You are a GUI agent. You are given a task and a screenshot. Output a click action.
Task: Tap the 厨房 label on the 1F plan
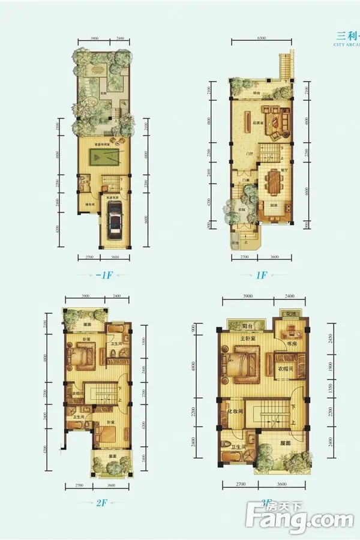tap(273, 205)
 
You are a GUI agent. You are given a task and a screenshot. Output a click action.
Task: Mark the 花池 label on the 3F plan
tap(291, 314)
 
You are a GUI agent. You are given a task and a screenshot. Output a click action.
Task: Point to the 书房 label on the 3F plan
tap(292, 344)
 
